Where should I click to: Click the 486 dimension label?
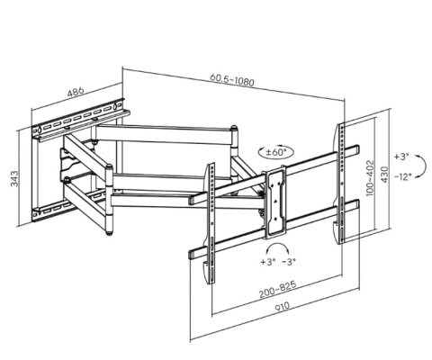tap(76, 92)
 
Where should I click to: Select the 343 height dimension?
tap(14, 179)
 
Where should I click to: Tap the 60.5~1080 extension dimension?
tap(232, 79)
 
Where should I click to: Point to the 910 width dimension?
tap(283, 306)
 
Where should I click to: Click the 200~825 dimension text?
tap(278, 289)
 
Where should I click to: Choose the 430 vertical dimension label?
tap(384, 175)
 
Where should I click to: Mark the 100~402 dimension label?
tap(371, 178)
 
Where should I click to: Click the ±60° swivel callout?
tap(276, 152)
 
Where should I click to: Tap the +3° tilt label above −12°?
tap(401, 157)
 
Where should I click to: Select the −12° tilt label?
tap(402, 177)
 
